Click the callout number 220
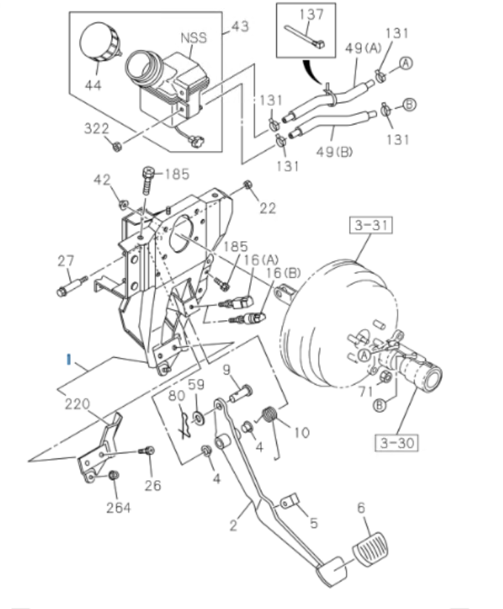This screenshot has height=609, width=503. point(76,404)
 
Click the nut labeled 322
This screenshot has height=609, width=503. point(116,144)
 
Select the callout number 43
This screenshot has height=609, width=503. point(239,27)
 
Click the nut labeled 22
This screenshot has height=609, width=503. point(248,184)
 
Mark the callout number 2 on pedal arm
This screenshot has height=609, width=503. point(233,527)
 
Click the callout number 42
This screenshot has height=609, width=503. point(101,179)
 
